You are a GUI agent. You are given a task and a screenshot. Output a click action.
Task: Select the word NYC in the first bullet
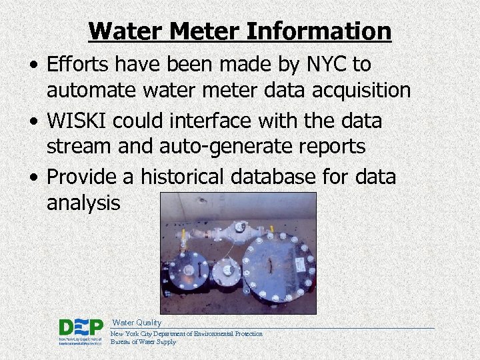pos(323,65)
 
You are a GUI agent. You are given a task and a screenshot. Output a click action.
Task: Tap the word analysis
pos(83,202)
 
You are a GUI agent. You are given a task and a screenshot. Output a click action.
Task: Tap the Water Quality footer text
pos(137,323)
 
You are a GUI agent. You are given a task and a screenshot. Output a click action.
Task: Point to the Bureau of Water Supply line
pos(143,342)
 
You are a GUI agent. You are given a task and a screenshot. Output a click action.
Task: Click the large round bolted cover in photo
pos(278,267)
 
